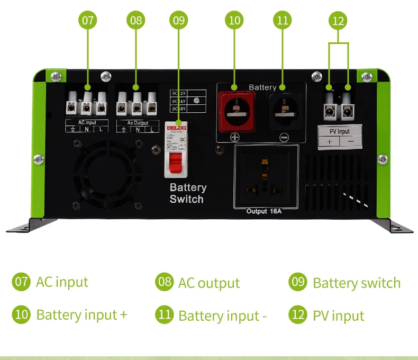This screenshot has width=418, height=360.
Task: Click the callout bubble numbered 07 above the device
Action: [x=88, y=21]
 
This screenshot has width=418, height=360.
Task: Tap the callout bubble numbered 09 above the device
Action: [x=179, y=21]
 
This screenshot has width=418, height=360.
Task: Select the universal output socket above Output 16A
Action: [x=266, y=175]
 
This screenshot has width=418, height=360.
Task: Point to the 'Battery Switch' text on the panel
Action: [x=187, y=193]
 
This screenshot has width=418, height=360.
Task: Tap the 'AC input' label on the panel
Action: [x=87, y=122]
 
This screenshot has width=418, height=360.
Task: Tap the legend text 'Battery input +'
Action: [x=81, y=314]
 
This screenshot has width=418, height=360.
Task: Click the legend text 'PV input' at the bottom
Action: [x=338, y=316]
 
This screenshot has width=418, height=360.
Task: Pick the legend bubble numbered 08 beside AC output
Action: [x=165, y=282]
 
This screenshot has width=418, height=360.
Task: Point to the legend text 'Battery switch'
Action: [x=357, y=283]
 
